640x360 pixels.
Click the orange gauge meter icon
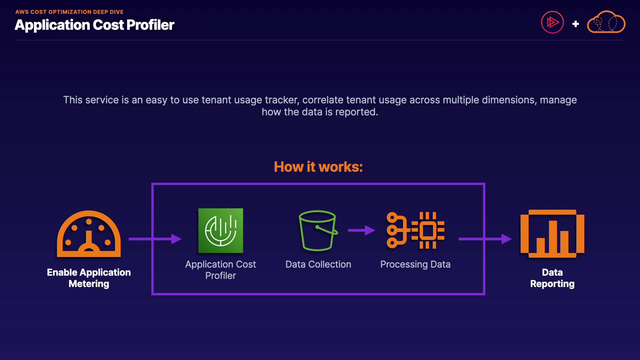(89, 234)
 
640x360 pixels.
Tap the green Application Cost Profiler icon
(221, 231)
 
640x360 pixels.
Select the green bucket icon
(318, 230)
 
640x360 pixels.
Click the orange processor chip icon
(416, 230)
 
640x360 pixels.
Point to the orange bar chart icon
(552, 233)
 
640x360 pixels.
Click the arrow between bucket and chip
(361, 230)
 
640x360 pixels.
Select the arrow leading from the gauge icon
(155, 239)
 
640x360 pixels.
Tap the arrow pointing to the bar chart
(485, 239)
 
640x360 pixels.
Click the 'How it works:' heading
(318, 167)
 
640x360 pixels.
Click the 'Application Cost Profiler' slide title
(94, 25)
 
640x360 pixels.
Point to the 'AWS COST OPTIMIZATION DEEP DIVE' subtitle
(69, 12)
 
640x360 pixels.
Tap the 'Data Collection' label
(318, 264)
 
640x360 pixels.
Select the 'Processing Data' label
(415, 264)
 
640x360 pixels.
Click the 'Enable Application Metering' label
(89, 278)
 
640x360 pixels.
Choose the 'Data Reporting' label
(552, 278)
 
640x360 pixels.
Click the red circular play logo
(552, 22)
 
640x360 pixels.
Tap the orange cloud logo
(606, 22)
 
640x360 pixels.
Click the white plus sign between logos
(575, 24)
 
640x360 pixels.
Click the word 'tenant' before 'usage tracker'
(216, 100)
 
